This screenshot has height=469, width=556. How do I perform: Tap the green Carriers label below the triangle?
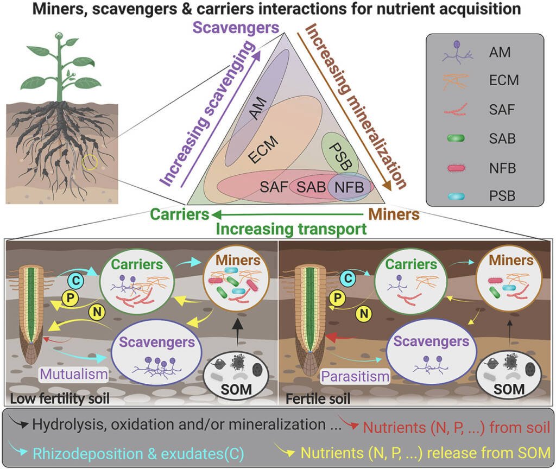point(180,214)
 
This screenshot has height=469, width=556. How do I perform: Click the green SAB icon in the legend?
point(456,138)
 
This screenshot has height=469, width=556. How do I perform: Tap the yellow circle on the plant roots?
point(91,162)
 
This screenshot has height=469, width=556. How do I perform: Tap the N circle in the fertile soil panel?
point(364,312)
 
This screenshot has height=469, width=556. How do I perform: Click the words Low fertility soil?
point(60,400)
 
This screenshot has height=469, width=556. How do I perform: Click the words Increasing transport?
point(291,229)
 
